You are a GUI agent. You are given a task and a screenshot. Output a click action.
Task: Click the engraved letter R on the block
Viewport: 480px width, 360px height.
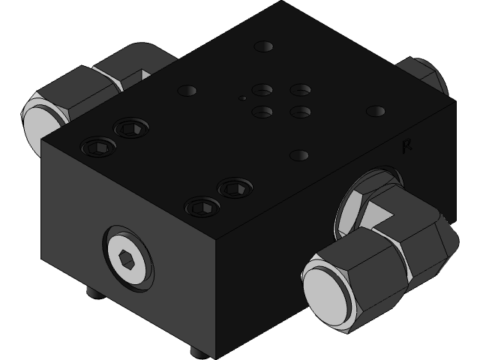point(407,146)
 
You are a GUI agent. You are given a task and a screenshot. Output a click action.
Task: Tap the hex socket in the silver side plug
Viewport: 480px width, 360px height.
point(127,260)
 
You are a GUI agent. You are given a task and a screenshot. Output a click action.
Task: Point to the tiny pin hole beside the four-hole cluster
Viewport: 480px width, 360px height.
point(242,97)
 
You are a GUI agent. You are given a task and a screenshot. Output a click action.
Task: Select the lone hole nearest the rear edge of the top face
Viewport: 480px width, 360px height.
point(263,46)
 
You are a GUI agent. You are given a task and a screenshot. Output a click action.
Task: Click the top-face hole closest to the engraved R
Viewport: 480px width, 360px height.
point(376,112)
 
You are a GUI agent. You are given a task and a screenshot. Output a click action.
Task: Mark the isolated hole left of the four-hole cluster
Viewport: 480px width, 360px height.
point(187,91)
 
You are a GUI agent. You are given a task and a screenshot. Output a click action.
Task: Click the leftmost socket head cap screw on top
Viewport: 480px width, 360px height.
point(97,145)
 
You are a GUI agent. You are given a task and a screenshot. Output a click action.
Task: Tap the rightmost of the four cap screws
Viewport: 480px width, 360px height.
point(232,187)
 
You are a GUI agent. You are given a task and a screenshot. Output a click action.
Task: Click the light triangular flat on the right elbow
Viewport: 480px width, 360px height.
point(383,214)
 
